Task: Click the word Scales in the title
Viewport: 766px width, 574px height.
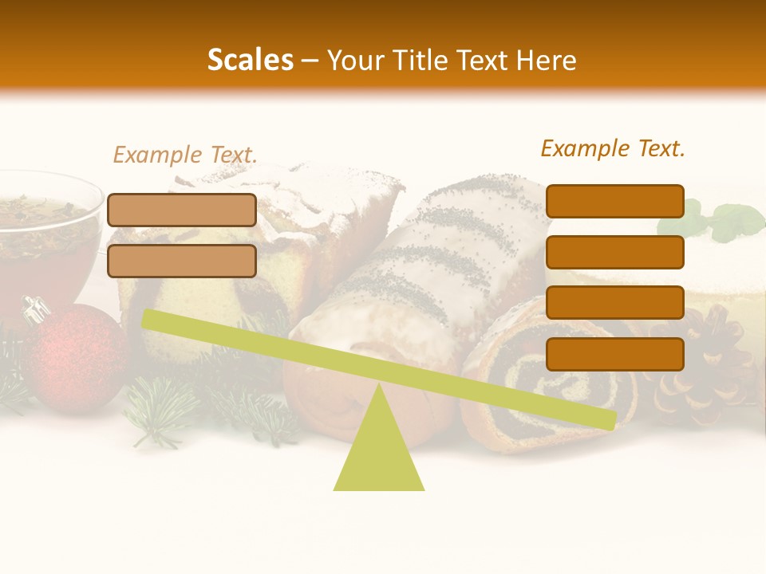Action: (250, 60)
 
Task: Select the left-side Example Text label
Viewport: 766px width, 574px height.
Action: (185, 155)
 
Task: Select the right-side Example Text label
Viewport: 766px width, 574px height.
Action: (613, 148)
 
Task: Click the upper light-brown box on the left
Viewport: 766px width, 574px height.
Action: (182, 210)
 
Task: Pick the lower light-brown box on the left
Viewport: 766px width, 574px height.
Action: (182, 261)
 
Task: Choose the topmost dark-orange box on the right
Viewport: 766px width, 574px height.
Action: (615, 201)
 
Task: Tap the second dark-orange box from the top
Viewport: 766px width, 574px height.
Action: (615, 252)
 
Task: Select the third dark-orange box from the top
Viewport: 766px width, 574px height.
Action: (615, 303)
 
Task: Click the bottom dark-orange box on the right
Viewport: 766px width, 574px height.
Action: (615, 354)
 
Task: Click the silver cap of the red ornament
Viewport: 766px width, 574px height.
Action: (36, 309)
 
